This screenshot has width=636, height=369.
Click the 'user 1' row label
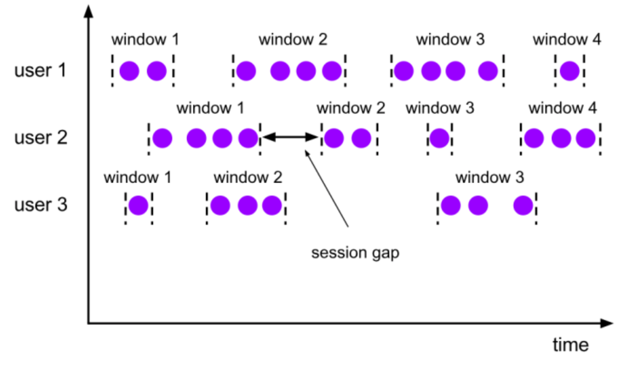click(x=40, y=70)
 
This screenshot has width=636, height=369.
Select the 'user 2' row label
click(x=41, y=138)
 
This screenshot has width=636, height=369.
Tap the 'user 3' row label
click(x=41, y=205)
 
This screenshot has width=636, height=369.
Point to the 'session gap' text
click(x=355, y=253)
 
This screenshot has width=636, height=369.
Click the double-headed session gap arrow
click(x=290, y=137)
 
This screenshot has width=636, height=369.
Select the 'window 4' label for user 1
click(x=567, y=40)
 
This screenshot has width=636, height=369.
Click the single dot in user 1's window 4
click(x=570, y=71)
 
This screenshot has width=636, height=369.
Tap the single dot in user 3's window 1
click(x=138, y=205)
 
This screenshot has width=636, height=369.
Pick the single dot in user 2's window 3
click(x=439, y=138)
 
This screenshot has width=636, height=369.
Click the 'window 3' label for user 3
click(x=490, y=177)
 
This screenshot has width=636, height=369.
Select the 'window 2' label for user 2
click(x=351, y=108)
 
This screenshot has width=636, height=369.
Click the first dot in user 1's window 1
click(x=129, y=71)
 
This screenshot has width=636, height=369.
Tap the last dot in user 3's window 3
click(x=523, y=205)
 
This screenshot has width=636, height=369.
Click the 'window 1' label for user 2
click(x=211, y=108)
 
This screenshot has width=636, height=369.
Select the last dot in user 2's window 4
click(x=585, y=138)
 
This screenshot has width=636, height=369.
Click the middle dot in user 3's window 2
click(x=247, y=205)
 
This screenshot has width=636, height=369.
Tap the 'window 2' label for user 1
click(x=293, y=40)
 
